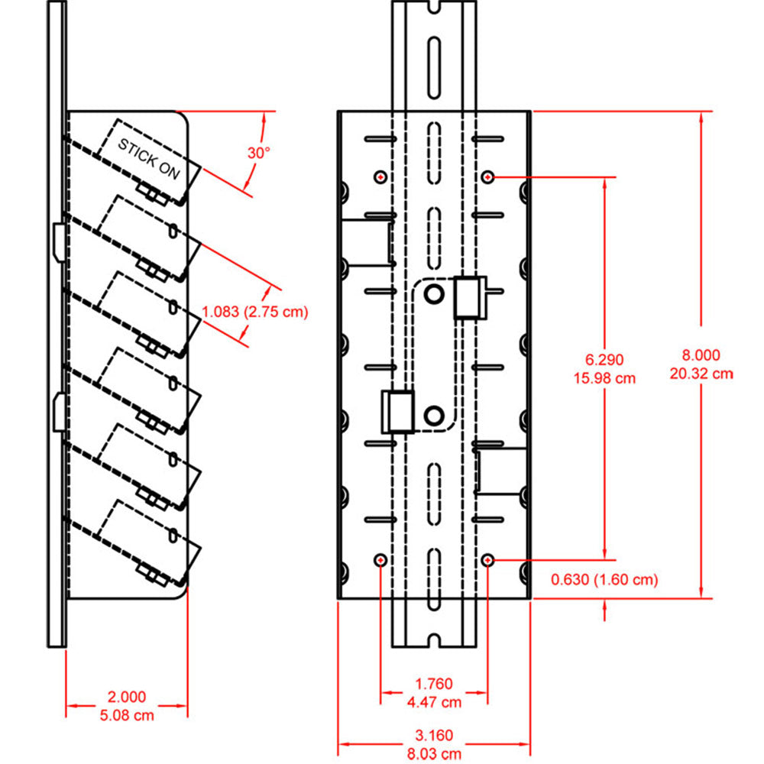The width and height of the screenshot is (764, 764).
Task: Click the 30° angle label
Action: (x=259, y=152)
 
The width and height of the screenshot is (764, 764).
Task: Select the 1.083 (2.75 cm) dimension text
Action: (x=254, y=312)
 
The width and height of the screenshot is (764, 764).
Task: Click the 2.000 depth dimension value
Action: (x=127, y=696)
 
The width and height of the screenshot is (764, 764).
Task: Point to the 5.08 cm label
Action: (x=127, y=715)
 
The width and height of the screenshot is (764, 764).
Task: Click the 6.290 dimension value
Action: (x=605, y=359)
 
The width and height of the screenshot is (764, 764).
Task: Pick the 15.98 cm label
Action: (x=605, y=378)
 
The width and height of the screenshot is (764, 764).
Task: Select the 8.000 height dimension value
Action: (x=701, y=354)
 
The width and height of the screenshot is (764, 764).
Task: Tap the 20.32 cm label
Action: (x=701, y=374)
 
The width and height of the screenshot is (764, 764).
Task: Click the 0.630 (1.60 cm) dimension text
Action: (x=604, y=580)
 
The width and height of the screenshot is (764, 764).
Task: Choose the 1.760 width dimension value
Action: (x=434, y=683)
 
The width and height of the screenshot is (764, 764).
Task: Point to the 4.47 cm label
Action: (x=434, y=702)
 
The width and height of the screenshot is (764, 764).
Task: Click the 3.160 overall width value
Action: (x=434, y=736)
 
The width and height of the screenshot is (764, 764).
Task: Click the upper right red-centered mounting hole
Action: (x=488, y=176)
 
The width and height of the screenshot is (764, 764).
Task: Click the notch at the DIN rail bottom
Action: (x=434, y=638)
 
